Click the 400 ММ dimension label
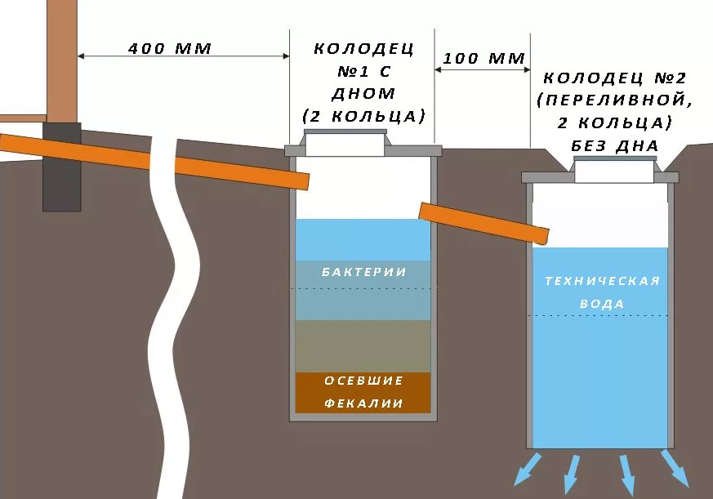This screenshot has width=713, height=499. [x=170, y=49]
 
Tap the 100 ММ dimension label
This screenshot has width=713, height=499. [x=485, y=60]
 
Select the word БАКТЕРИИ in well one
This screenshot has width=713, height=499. [x=363, y=272]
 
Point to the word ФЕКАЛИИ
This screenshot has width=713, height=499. [x=363, y=403]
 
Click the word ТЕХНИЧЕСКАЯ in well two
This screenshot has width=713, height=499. [x=602, y=282]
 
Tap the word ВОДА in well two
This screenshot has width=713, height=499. [x=603, y=304]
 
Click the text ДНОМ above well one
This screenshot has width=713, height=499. [x=364, y=93]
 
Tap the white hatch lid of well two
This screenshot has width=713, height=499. [x=614, y=172]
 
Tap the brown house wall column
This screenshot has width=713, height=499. [x=61, y=57]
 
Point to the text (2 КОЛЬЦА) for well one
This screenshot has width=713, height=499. [x=364, y=115]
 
